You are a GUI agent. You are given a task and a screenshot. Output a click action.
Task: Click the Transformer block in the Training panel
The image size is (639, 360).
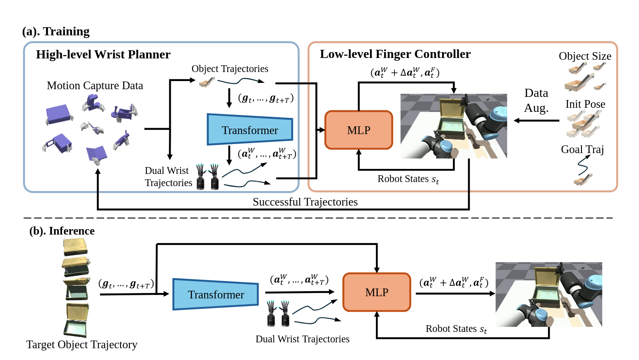point(250,130)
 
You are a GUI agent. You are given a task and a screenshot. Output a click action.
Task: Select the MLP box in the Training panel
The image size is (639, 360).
point(359,130)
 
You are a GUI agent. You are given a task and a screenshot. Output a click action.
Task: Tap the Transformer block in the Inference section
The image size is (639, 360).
point(216,295)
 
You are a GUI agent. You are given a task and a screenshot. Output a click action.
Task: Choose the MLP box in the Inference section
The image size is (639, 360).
point(376,292)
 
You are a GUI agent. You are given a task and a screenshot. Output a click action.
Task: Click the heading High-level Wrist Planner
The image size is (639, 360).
point(103,55)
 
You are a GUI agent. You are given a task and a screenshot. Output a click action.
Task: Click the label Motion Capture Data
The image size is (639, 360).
point(95,86)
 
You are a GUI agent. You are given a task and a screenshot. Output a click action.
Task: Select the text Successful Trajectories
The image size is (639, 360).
point(305,202)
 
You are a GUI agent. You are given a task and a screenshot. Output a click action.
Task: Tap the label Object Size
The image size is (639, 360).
point(585,56)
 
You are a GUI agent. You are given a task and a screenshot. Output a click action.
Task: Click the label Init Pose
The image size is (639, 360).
point(585,104)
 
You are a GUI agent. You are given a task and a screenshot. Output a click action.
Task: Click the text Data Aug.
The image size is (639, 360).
point(536,100)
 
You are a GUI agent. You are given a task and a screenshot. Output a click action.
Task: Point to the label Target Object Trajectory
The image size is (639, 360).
point(82,345)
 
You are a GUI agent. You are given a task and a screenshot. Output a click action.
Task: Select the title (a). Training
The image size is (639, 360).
point(56,32)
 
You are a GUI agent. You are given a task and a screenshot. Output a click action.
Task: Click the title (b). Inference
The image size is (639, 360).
point(62,231)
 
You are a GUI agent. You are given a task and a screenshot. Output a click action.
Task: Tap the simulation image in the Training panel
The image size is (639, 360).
point(453,126)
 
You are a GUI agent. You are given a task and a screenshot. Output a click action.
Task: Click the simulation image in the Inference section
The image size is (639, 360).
point(548,294)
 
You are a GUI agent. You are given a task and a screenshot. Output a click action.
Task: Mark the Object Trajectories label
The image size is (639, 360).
point(230,69)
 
